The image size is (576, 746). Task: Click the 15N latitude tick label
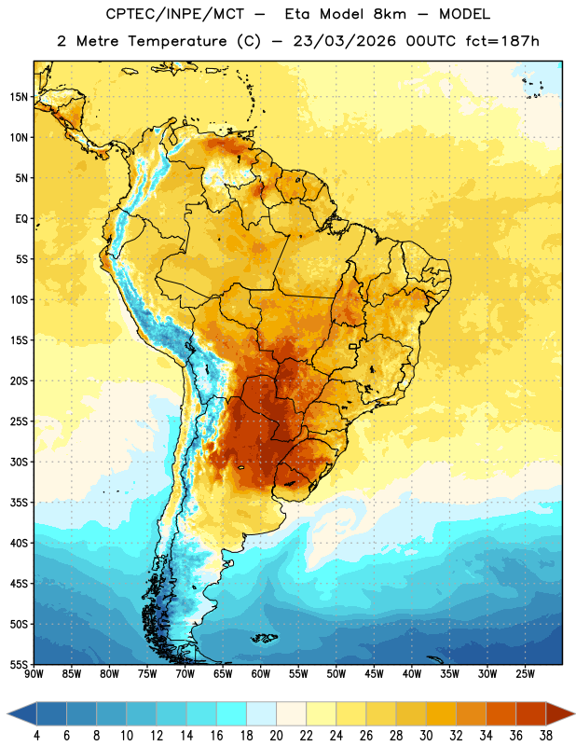(x=19, y=97)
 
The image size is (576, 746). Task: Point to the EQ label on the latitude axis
(x=21, y=219)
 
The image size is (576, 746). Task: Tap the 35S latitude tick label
(x=19, y=503)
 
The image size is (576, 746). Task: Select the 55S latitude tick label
(x=19, y=664)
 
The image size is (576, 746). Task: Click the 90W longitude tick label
(x=34, y=674)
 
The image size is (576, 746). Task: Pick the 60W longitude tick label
(x=261, y=674)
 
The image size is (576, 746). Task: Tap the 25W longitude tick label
(x=525, y=674)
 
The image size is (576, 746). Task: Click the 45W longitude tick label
(x=374, y=674)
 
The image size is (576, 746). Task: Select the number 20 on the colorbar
(x=276, y=736)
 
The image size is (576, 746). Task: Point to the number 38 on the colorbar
(x=546, y=736)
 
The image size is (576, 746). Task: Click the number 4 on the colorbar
(x=36, y=736)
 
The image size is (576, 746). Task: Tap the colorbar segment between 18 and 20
(x=261, y=713)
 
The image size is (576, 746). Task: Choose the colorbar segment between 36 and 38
(x=531, y=713)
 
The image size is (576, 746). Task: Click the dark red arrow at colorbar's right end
(x=559, y=713)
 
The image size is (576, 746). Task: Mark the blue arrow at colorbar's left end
(x=22, y=713)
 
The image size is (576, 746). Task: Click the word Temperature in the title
(x=177, y=41)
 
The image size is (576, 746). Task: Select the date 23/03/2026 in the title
(x=344, y=41)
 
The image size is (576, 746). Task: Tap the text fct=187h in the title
(x=502, y=41)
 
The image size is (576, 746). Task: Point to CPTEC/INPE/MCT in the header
(x=175, y=14)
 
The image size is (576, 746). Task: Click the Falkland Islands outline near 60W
(x=264, y=638)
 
